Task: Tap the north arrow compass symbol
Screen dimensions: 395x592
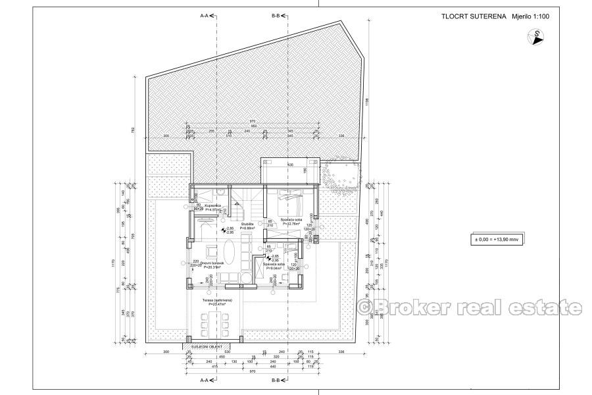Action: (537, 38)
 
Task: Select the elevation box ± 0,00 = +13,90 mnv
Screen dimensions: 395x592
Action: (493, 239)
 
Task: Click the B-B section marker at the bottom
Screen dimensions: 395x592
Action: (279, 381)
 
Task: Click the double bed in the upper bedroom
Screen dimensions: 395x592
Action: (290, 194)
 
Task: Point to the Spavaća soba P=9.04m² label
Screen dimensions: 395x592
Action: (274, 266)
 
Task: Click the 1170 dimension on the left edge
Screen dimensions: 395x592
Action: (114, 263)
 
